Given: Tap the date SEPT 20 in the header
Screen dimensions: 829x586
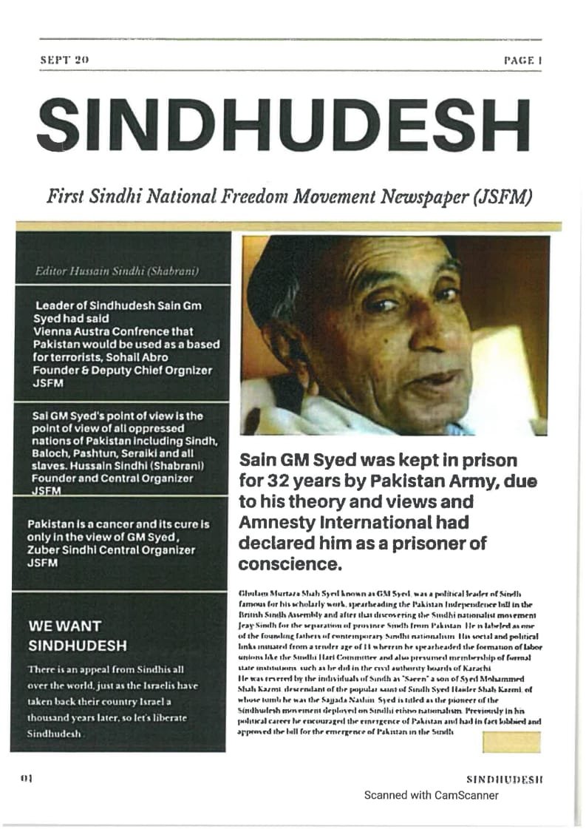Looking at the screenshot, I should pos(64,60).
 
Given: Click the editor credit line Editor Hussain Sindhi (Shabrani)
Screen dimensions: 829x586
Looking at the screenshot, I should pos(117,271).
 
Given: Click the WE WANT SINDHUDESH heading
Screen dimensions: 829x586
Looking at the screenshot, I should pos(77,635).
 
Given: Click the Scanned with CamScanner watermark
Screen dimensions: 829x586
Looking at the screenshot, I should pos(431,795).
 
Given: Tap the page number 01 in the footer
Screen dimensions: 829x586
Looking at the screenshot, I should pos(28,779).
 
